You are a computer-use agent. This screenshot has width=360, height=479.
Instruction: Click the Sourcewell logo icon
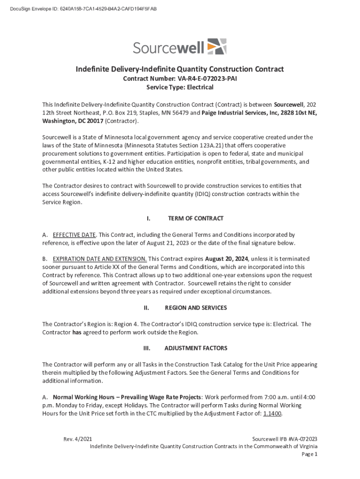[216, 47]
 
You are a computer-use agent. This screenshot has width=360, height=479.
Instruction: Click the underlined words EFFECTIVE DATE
[74, 235]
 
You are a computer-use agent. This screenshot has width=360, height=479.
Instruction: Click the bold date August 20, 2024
[226, 259]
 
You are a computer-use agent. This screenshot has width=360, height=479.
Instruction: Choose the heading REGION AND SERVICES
[196, 308]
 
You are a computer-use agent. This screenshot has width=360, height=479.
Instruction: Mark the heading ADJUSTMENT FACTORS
[196, 348]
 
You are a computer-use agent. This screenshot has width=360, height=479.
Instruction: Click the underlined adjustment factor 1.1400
[273, 414]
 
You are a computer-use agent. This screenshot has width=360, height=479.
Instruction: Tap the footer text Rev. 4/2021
[78, 439]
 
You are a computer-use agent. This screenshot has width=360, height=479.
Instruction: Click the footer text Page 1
[310, 454]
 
